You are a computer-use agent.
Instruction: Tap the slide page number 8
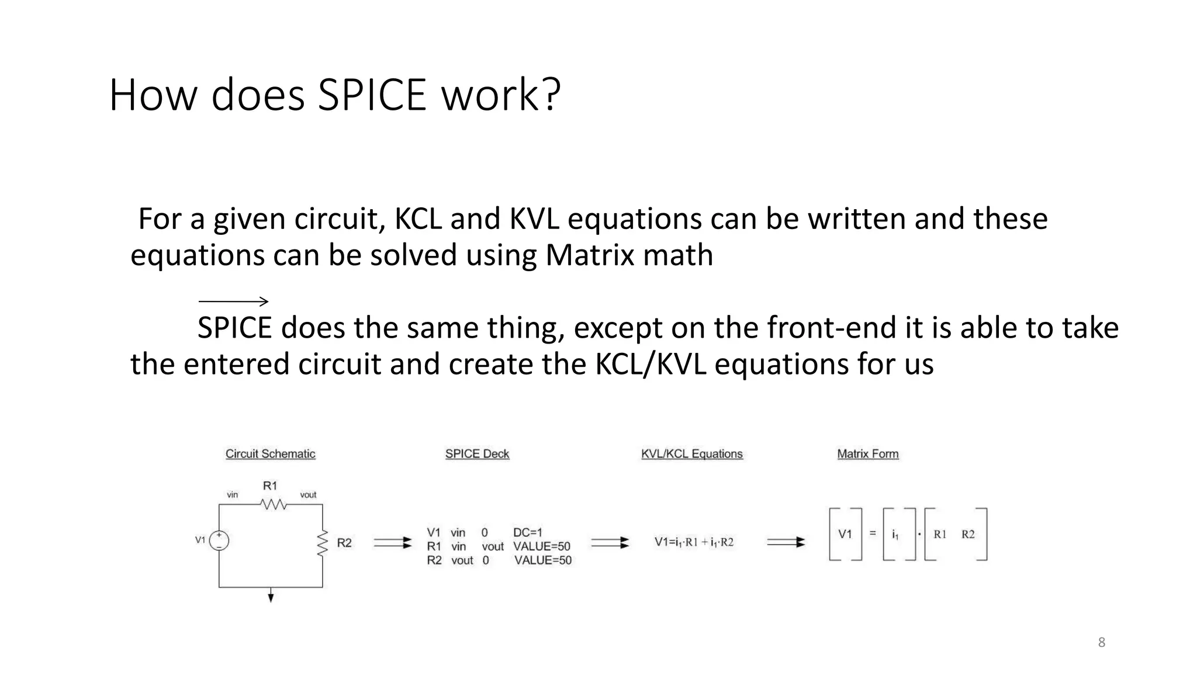[x=1102, y=643]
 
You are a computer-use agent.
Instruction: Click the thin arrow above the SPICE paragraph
[x=233, y=301]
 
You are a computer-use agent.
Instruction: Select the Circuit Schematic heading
[x=271, y=454]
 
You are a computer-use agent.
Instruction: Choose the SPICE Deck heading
[x=477, y=454]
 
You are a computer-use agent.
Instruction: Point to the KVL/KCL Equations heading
[x=692, y=454]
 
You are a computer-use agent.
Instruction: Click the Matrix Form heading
[x=868, y=454]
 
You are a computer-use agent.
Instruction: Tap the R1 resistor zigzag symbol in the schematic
[x=273, y=504]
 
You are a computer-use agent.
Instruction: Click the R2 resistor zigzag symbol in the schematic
[x=322, y=543]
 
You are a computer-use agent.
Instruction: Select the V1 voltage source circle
[x=219, y=540]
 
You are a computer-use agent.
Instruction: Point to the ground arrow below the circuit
[x=271, y=596]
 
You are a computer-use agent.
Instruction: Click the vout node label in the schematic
[x=308, y=495]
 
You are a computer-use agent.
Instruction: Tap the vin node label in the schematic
[x=233, y=495]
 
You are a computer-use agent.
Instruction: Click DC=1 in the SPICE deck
[x=528, y=532]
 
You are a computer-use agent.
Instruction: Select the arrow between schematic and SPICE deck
[x=392, y=543]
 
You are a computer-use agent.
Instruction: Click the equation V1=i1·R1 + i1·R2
[x=694, y=542]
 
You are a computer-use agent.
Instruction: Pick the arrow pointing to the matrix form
[x=786, y=542]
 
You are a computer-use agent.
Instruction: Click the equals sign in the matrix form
[x=873, y=533]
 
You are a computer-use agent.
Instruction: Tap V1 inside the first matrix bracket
[x=845, y=534]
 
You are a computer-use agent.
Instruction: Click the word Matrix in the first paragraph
[x=590, y=255]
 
